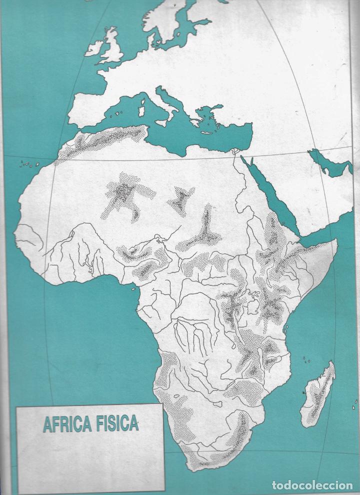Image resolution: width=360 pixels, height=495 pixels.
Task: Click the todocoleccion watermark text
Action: click(x=313, y=485)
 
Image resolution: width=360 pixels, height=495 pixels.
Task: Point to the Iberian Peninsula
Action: click(x=95, y=107)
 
